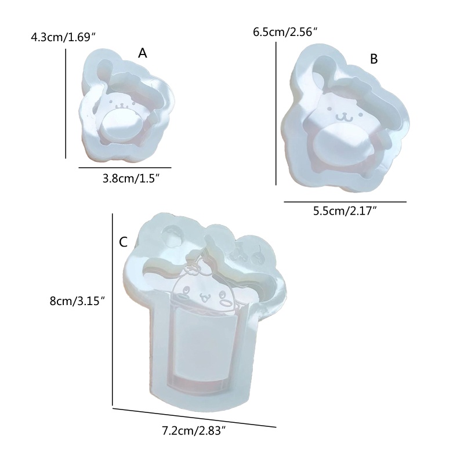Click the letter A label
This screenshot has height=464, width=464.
click(x=142, y=53)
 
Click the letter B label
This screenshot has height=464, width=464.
click(x=374, y=59)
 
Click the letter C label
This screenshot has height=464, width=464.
click(x=123, y=242)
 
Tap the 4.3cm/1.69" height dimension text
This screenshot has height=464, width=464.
click(x=63, y=38)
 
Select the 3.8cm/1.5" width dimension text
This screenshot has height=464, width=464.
click(x=131, y=179)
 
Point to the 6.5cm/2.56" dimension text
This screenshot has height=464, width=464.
click(x=285, y=32)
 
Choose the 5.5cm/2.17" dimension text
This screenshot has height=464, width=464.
click(x=345, y=211)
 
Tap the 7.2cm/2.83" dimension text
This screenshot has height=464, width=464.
click(x=195, y=431)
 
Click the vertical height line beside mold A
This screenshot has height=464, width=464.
click(x=66, y=104)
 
